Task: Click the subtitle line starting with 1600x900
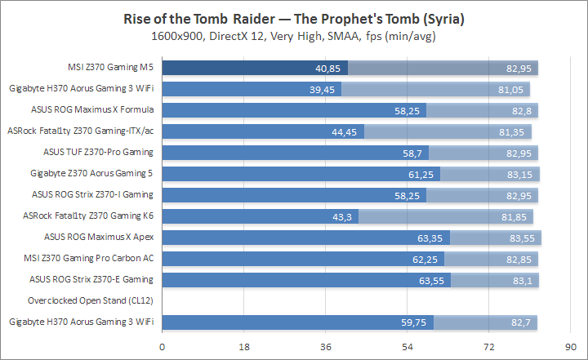(x=294, y=37)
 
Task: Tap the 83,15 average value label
(x=523, y=174)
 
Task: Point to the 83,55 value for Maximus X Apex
(x=524, y=238)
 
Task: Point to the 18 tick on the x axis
(x=243, y=347)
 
